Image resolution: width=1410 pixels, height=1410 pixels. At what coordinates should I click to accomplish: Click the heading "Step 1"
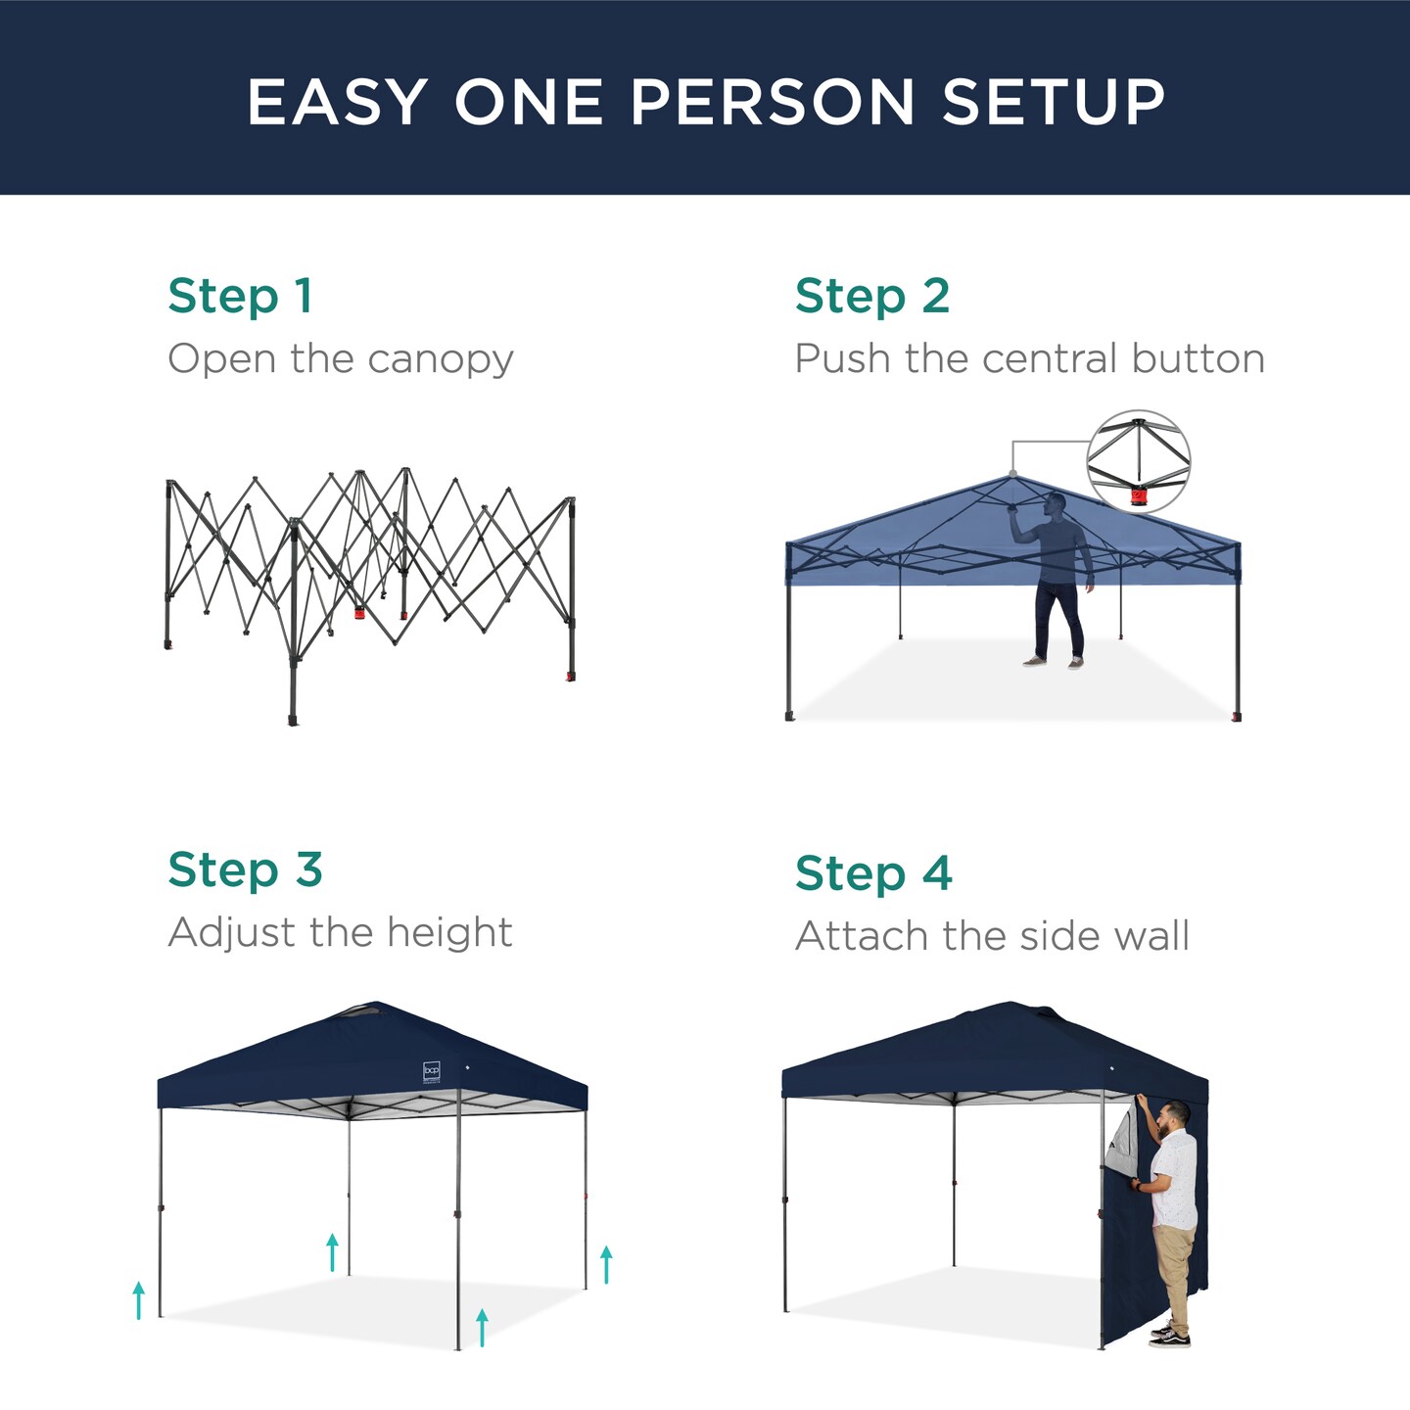tap(240, 296)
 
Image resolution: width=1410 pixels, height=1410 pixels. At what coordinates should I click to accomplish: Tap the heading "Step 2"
tap(871, 296)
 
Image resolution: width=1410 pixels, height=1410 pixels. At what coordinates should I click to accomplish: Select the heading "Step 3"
tap(245, 869)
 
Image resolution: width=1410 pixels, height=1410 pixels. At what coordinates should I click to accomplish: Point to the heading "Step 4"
tap(872, 872)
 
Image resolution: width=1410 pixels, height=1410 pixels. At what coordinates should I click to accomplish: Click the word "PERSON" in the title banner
tap(772, 102)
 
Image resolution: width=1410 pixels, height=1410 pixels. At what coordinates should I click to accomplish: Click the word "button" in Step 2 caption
tap(1198, 358)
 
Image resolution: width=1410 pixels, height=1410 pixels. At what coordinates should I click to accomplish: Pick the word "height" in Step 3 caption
tap(449, 932)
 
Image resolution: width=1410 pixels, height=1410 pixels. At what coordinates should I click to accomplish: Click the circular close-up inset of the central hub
tap(1138, 461)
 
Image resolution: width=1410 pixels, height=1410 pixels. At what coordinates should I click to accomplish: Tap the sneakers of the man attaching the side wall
tap(1170, 1335)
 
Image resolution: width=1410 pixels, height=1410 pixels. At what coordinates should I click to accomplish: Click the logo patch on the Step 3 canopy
tap(432, 1071)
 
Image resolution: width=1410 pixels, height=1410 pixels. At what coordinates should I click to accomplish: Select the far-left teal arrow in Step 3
tap(139, 1299)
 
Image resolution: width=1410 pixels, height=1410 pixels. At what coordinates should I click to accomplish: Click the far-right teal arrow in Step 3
tap(606, 1263)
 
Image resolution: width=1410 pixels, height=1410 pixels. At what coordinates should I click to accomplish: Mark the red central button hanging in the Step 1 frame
tap(359, 613)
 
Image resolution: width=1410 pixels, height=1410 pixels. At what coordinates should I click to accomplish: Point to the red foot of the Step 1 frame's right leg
tap(570, 676)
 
